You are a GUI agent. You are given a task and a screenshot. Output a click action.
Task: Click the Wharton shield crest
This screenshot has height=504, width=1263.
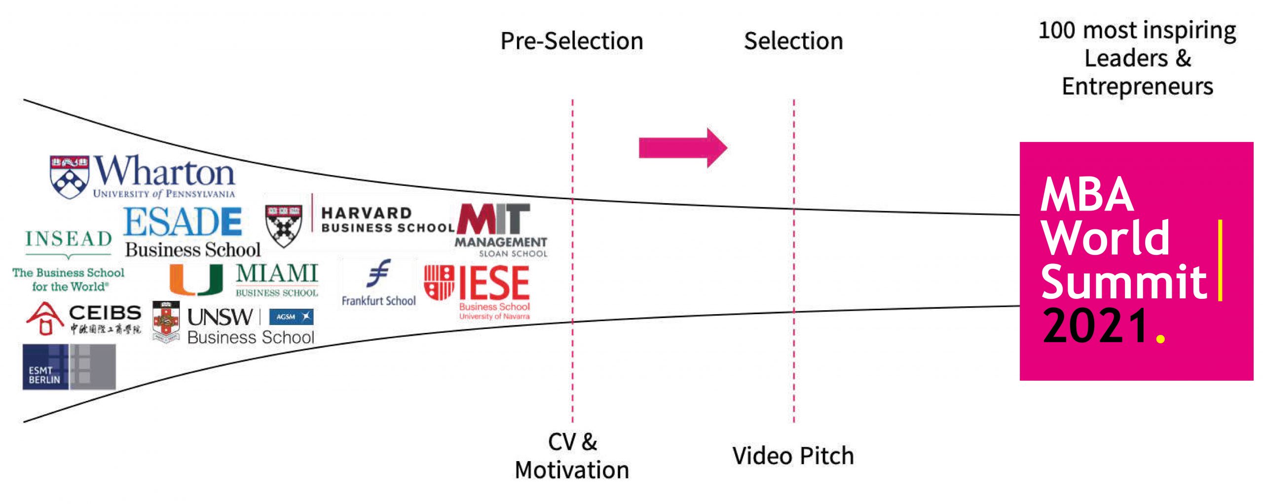(x=69, y=177)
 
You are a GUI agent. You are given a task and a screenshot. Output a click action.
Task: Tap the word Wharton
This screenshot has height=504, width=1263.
(x=165, y=171)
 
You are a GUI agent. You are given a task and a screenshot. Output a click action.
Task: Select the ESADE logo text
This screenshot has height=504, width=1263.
(x=183, y=221)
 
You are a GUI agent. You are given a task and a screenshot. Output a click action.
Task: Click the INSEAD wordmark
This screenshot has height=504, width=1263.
(x=69, y=239)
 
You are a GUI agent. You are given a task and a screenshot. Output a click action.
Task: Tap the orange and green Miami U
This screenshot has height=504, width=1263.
(x=195, y=280)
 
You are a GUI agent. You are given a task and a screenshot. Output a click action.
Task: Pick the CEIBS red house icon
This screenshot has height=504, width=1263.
(x=45, y=319)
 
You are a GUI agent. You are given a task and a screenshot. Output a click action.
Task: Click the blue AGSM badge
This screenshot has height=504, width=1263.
(x=291, y=317)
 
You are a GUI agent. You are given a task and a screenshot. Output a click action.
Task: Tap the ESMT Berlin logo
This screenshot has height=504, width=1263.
(x=69, y=367)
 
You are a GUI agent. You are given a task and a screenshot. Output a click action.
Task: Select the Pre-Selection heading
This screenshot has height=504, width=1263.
(x=572, y=41)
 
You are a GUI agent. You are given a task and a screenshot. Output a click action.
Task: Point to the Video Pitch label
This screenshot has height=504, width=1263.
(x=793, y=456)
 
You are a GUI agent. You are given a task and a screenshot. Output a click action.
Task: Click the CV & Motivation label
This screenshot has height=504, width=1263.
(x=572, y=456)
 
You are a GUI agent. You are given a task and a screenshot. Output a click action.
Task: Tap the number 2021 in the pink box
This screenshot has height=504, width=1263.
(x=1096, y=326)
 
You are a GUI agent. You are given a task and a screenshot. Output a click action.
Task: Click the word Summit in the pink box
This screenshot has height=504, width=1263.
(x=1124, y=282)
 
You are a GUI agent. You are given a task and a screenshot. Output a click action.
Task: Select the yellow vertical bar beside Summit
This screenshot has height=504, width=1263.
(x=1220, y=260)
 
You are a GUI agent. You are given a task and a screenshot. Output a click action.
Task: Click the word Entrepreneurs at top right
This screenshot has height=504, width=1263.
(x=1137, y=87)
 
